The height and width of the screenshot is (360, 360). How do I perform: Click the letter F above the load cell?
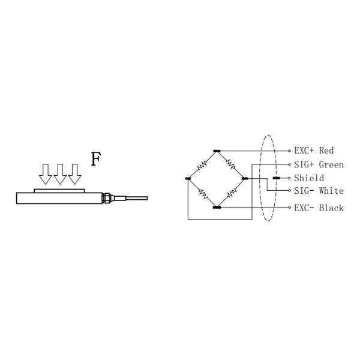(95, 159)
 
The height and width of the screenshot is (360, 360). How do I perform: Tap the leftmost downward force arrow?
(45, 173)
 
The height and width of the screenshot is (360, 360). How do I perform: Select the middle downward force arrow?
(60, 173)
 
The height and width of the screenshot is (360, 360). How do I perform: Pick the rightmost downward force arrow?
(74, 173)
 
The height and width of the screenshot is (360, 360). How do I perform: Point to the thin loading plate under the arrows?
(60, 189)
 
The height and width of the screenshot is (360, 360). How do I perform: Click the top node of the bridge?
(217, 150)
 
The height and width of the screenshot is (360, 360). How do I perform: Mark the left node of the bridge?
(188, 178)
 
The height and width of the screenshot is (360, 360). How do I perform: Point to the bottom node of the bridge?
(217, 208)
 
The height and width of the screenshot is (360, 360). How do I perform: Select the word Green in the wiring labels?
(331, 164)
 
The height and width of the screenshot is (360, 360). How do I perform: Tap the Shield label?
(309, 178)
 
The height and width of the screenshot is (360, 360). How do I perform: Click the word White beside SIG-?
(331, 191)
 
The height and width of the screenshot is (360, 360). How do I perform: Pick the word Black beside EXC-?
(331, 208)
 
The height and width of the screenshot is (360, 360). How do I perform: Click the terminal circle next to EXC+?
(290, 151)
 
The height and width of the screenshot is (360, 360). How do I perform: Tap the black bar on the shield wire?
(275, 178)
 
